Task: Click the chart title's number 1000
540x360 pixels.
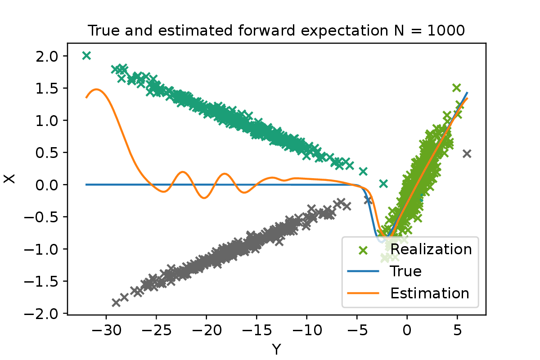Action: [x=446, y=31]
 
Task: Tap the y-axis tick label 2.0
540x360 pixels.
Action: [x=47, y=57]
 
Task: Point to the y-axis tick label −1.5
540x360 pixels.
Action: [x=41, y=282]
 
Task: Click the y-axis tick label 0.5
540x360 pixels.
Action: [x=47, y=153]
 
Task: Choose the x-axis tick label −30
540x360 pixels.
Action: [x=106, y=330]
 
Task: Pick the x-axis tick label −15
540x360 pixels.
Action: [x=257, y=330]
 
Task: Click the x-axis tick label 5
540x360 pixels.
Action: [x=457, y=330]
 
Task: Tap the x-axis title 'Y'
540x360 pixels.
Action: [x=276, y=349]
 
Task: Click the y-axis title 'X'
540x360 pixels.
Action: [x=9, y=179]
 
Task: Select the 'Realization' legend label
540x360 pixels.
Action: [x=431, y=249]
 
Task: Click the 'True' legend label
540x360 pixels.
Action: [x=406, y=271]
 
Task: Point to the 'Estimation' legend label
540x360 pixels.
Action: [x=430, y=293]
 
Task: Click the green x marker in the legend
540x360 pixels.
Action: [x=363, y=250]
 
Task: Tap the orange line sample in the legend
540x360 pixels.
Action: [x=363, y=293]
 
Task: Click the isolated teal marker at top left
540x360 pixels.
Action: [x=86, y=56]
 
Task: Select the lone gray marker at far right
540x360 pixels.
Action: [x=467, y=154]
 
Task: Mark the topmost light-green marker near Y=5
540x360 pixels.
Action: [x=456, y=88]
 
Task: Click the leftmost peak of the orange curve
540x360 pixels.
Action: [x=96, y=90]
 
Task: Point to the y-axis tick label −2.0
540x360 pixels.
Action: [x=41, y=314]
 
